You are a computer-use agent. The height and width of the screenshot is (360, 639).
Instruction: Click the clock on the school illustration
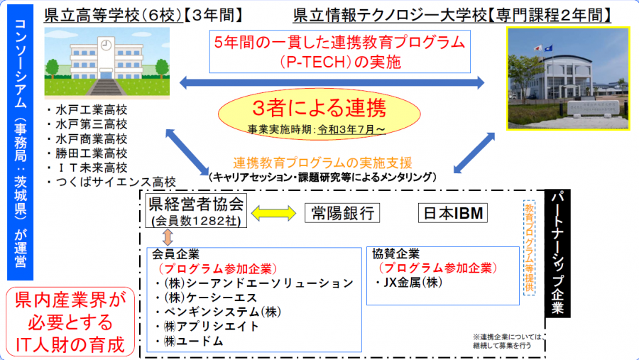point(106,45)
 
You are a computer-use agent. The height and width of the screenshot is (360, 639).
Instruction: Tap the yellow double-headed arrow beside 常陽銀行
point(274,213)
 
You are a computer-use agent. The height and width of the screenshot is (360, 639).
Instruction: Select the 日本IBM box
point(453,213)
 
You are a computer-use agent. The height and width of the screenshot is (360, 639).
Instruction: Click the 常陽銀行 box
point(342,213)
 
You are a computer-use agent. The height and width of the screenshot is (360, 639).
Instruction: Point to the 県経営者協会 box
point(196,211)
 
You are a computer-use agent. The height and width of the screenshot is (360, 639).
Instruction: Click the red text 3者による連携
point(319,108)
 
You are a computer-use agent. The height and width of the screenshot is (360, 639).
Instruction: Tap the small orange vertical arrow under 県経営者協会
point(168,237)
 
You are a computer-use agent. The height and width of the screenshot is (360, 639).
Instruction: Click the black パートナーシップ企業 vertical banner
point(557,253)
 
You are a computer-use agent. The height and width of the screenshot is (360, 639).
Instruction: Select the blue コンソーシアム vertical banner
point(21,142)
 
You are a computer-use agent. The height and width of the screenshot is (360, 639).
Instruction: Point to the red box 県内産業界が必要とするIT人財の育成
point(70,322)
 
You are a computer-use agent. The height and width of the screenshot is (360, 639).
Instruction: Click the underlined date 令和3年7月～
point(351,130)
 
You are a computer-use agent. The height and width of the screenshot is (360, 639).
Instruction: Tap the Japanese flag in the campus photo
point(538,48)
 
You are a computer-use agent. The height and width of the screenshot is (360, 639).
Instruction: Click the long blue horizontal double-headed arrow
point(332,83)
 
